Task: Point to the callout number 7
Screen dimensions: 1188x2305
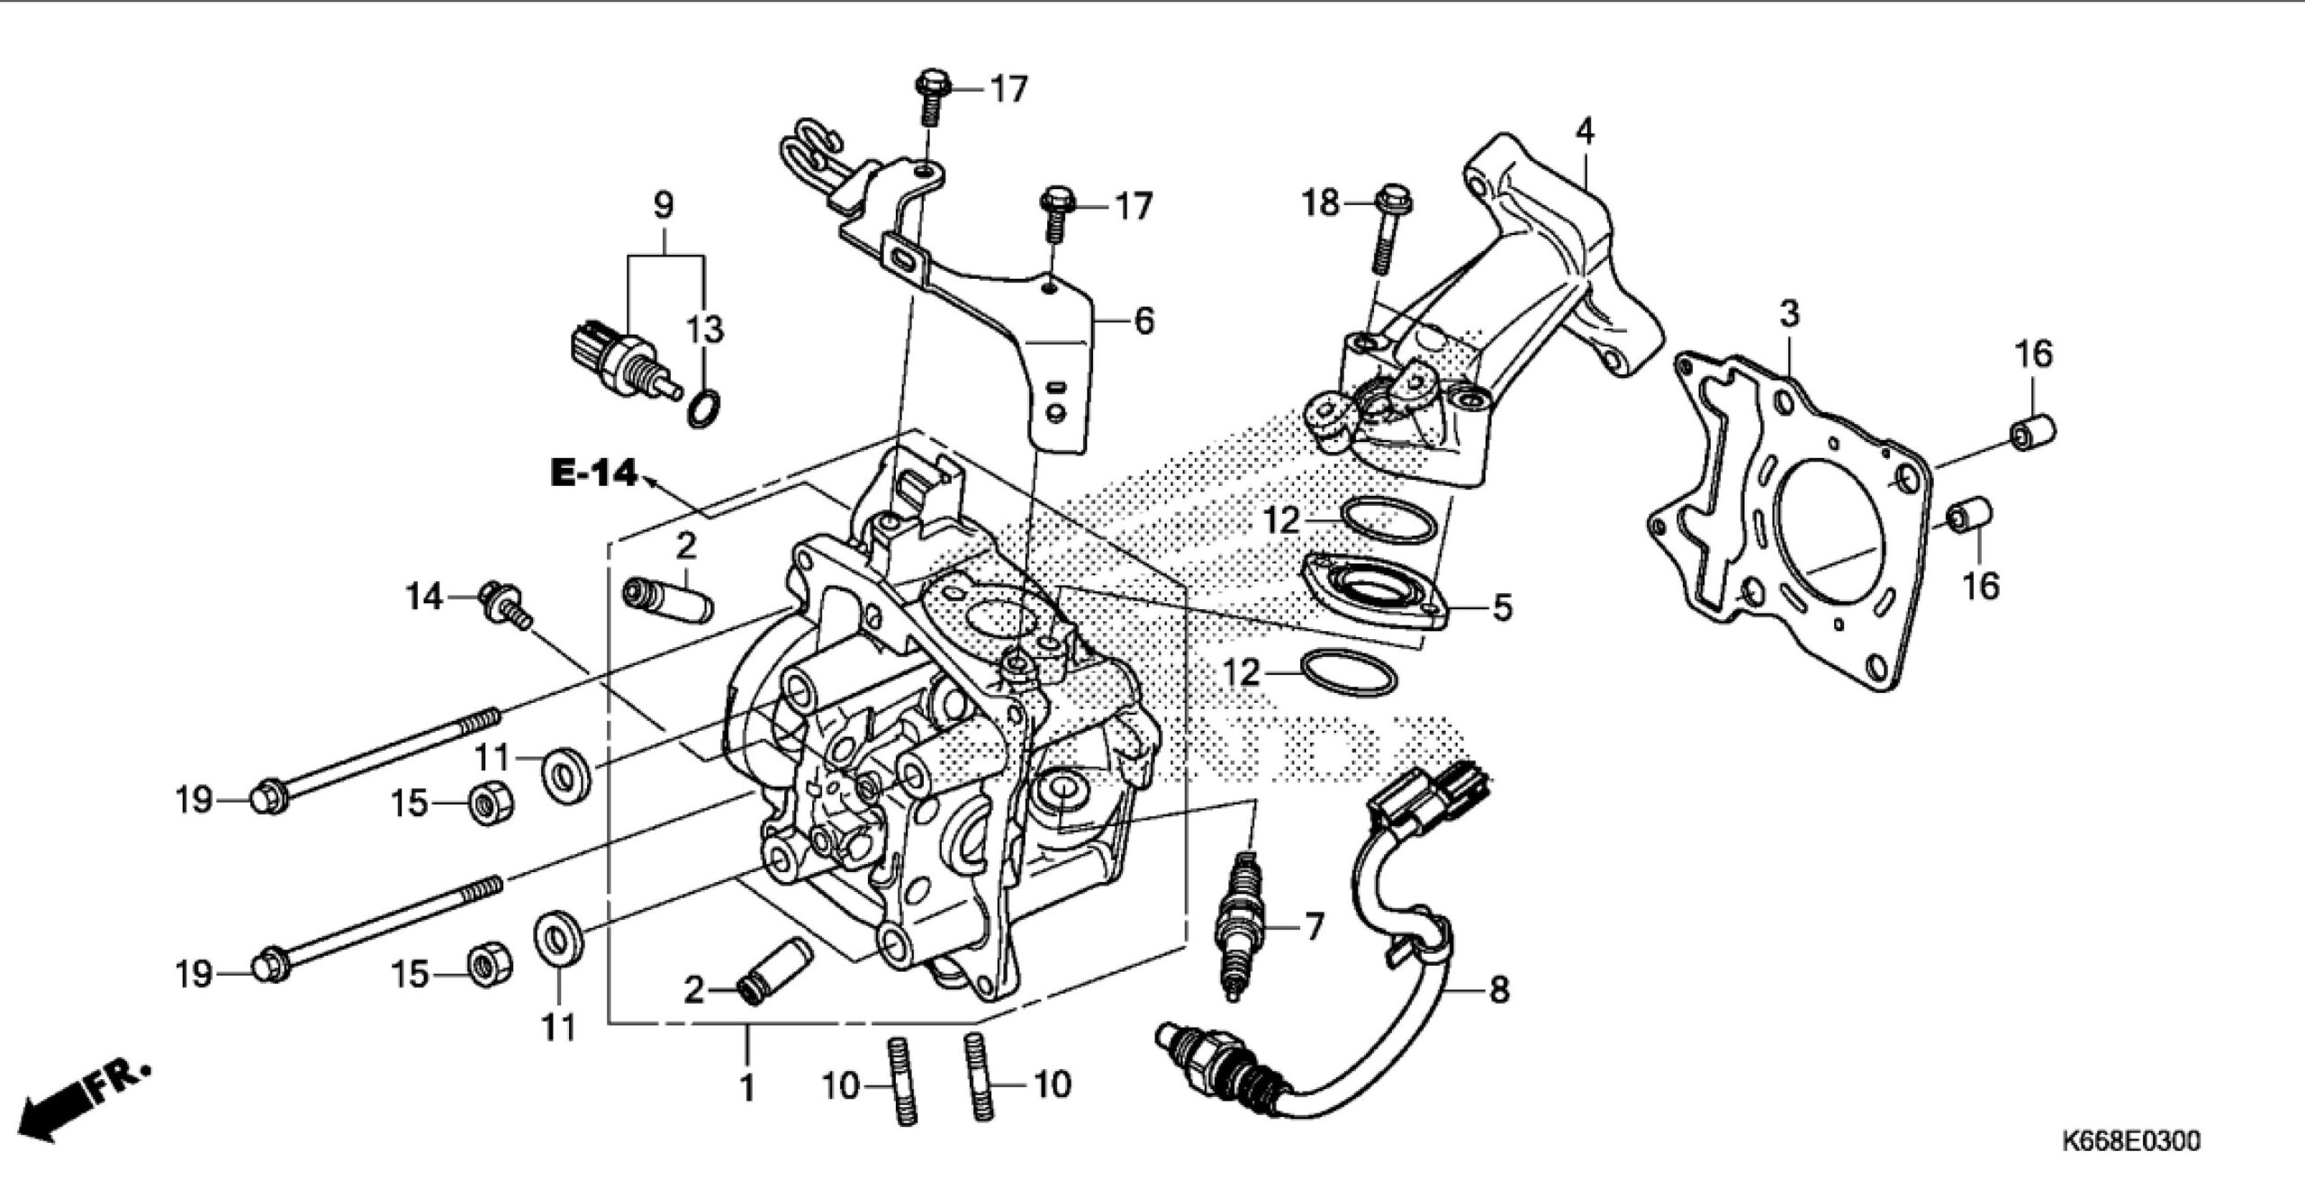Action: pyautogui.click(x=1315, y=926)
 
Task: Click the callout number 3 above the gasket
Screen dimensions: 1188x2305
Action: pyautogui.click(x=1789, y=314)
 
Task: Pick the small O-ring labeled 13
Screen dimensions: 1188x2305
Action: pyautogui.click(x=703, y=408)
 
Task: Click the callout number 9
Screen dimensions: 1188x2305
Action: pyautogui.click(x=663, y=205)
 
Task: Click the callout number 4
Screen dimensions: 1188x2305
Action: pyautogui.click(x=1585, y=131)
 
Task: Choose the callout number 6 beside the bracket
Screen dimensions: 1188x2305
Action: pyautogui.click(x=1143, y=320)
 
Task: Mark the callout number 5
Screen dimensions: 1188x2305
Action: pyautogui.click(x=1502, y=607)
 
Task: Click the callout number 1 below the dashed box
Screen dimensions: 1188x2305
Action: pyautogui.click(x=746, y=1086)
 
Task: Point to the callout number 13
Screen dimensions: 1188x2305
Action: pyautogui.click(x=705, y=328)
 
